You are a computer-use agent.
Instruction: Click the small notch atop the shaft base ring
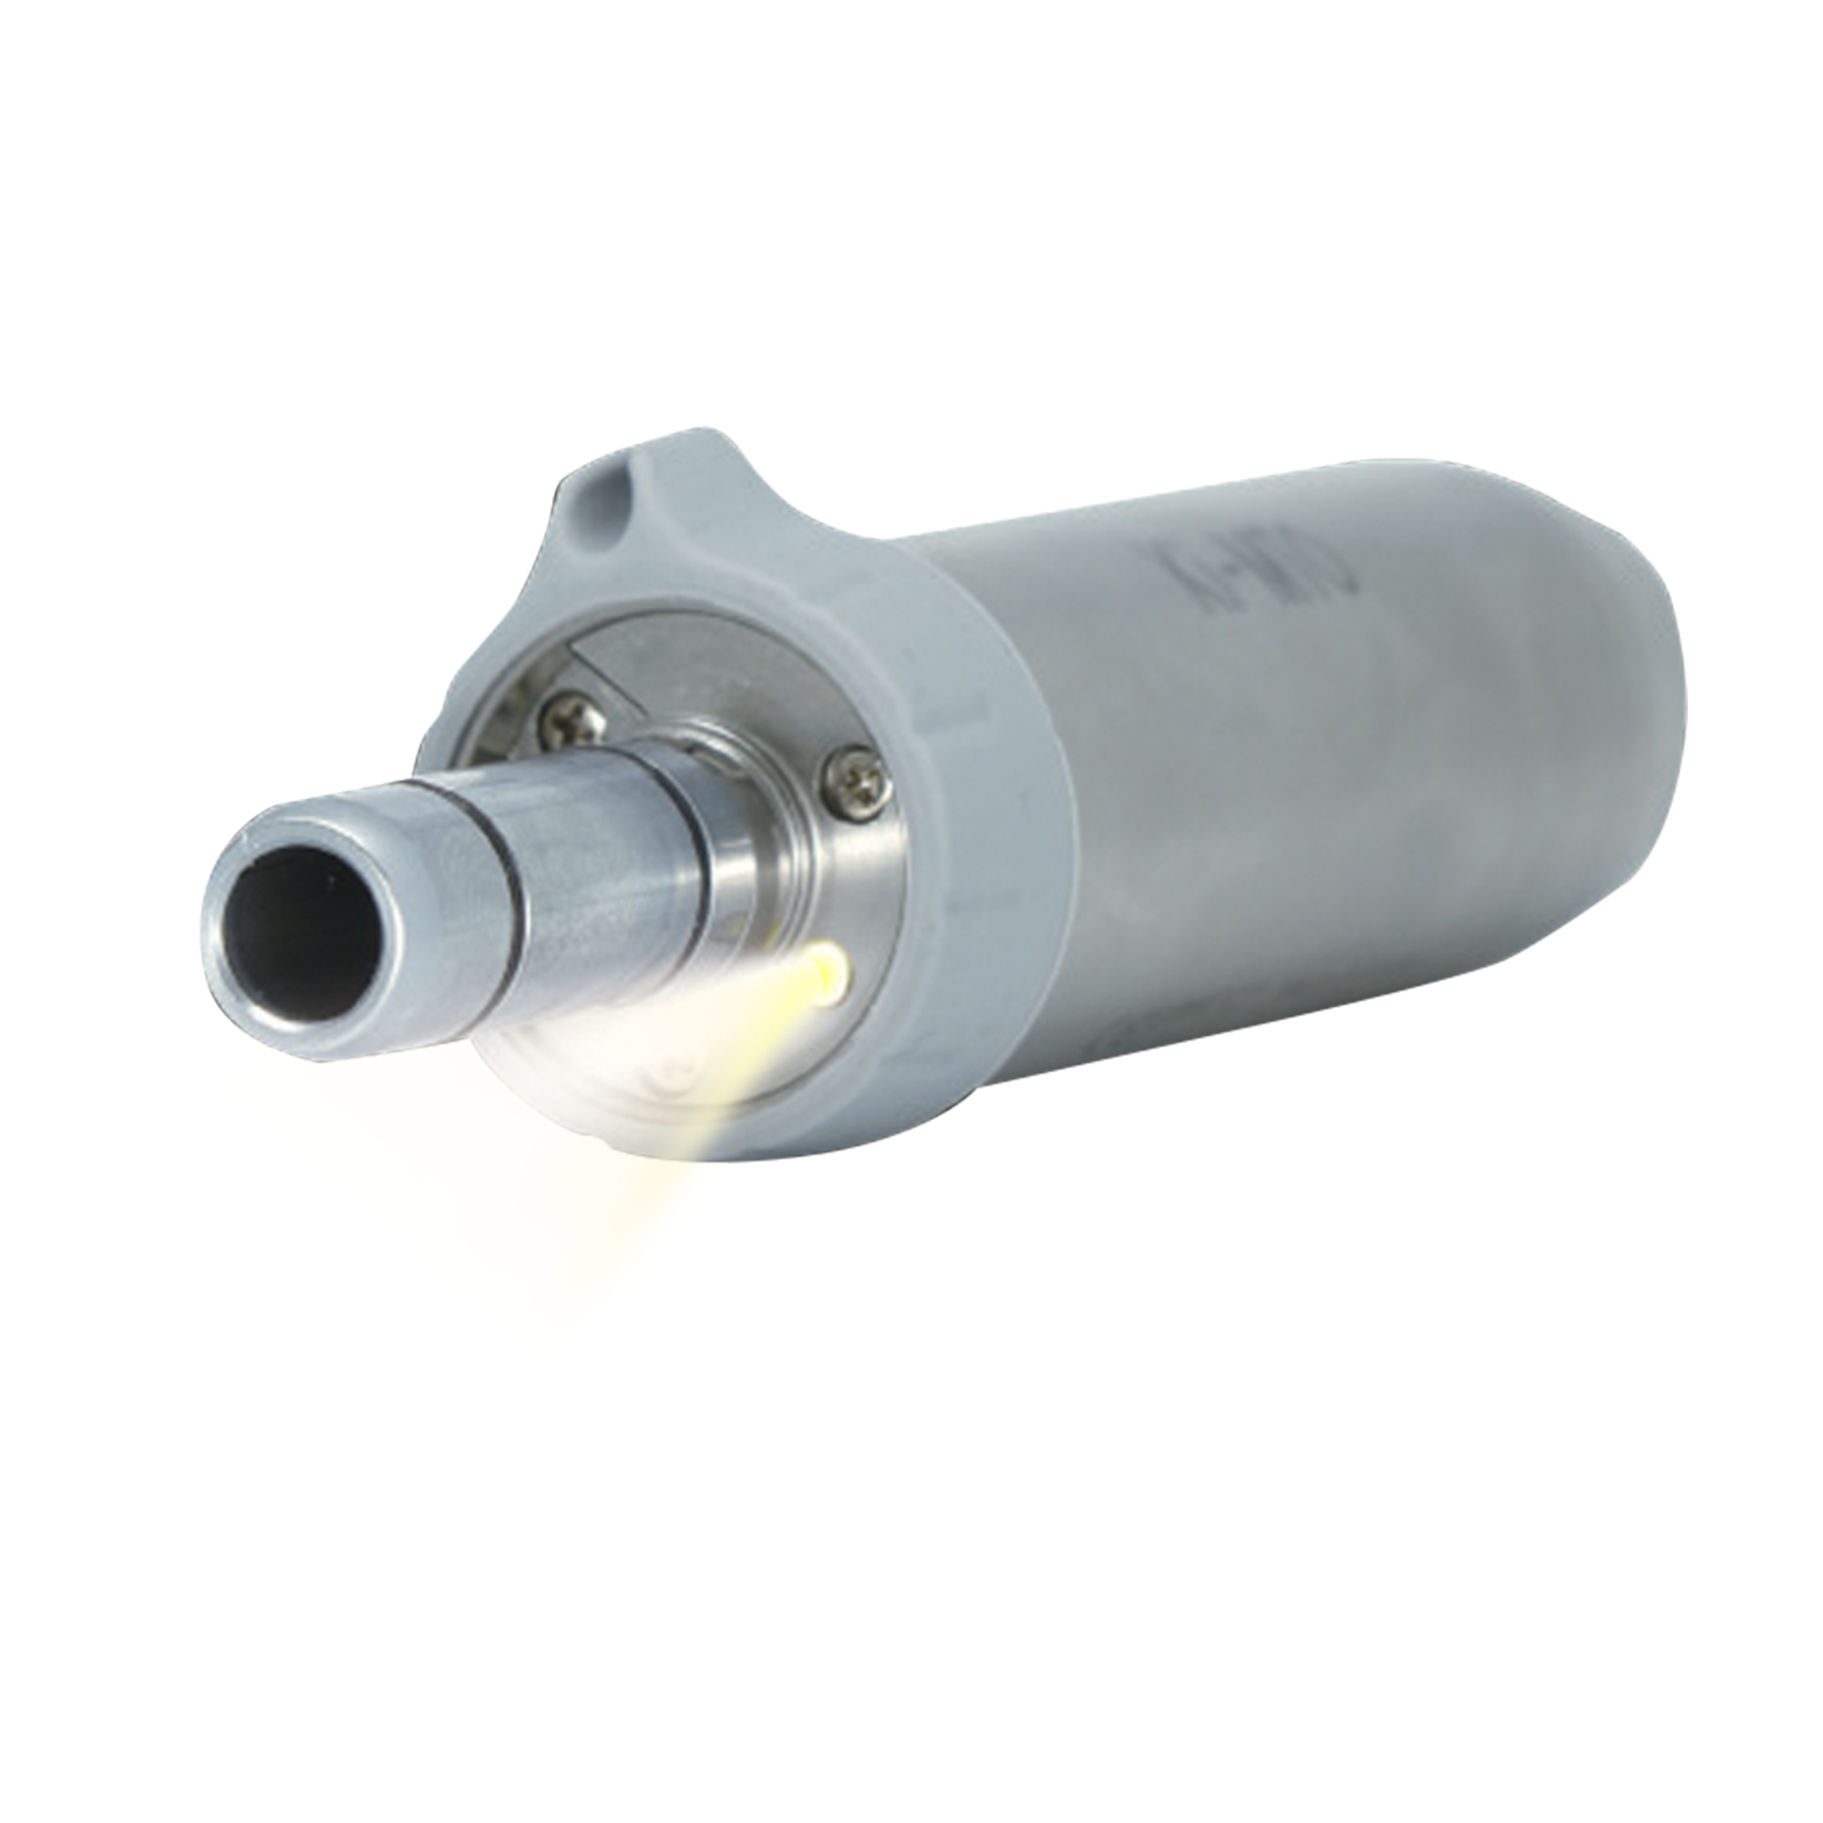pos(689,746)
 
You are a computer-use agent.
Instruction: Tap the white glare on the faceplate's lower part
pos(613,1056)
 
